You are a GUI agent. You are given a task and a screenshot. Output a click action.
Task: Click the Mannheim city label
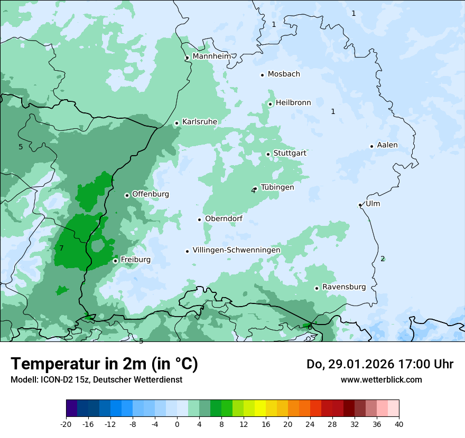tap(211, 56)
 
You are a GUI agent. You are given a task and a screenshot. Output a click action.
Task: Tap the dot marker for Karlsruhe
tap(176, 123)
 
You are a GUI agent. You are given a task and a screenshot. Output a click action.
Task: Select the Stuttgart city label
tap(290, 153)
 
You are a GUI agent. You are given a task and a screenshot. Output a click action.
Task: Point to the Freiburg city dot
tap(115, 261)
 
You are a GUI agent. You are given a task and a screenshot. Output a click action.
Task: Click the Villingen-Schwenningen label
tap(236, 250)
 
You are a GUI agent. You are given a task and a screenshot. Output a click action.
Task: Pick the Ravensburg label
tap(343, 287)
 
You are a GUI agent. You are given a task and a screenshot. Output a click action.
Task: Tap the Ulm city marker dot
tap(360, 205)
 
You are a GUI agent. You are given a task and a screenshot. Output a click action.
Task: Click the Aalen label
tap(387, 145)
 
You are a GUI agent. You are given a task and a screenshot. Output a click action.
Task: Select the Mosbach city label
tap(283, 74)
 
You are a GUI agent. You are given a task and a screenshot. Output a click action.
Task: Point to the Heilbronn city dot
tap(270, 104)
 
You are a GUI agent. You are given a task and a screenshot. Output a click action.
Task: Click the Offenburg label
tap(150, 194)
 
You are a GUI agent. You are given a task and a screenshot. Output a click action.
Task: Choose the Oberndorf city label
tap(224, 218)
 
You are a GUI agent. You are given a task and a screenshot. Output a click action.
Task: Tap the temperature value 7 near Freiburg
tap(61, 248)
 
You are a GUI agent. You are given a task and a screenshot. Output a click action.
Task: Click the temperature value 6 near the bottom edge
tap(310, 328)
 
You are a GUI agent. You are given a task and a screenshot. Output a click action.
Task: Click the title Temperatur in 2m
tap(104, 364)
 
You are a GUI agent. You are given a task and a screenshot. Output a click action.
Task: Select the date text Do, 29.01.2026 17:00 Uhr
tap(379, 364)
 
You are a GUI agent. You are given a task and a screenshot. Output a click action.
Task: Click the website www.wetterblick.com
tap(381, 379)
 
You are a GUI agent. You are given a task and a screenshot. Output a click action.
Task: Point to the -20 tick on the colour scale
tap(66, 424)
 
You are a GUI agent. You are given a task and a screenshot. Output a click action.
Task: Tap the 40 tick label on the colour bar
tap(398, 424)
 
